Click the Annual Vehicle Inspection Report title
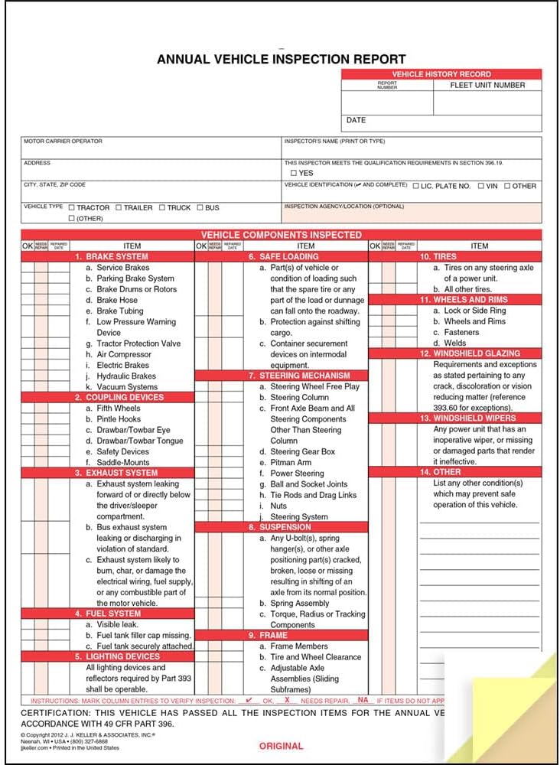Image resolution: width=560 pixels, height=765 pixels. pyautogui.click(x=281, y=59)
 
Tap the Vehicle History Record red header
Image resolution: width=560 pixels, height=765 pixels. pyautogui.click(x=441, y=74)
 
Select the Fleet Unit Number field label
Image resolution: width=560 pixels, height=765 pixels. pyautogui.click(x=487, y=85)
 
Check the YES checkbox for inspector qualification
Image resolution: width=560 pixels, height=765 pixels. pyautogui.click(x=294, y=174)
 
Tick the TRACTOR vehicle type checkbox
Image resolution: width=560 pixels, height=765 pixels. pyautogui.click(x=72, y=207)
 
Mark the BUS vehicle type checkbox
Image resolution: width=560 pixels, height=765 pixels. pyautogui.click(x=200, y=207)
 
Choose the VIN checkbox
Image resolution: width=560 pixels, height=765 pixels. pyautogui.click(x=481, y=186)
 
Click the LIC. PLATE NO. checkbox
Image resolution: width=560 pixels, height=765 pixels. pyautogui.click(x=416, y=186)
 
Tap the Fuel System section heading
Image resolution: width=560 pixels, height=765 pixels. pyautogui.click(x=112, y=614)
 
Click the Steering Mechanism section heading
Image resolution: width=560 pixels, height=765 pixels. pyautogui.click(x=299, y=376)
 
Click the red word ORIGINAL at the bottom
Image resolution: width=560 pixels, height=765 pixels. pyautogui.click(x=281, y=746)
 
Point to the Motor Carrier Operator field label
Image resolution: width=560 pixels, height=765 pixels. pyautogui.click(x=63, y=142)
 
